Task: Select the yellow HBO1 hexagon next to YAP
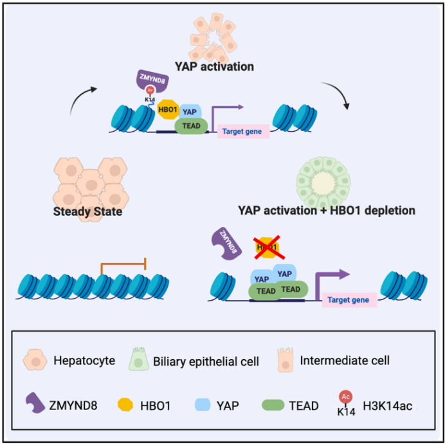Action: point(168,109)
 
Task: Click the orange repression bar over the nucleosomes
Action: point(123,264)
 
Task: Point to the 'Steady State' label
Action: point(87,211)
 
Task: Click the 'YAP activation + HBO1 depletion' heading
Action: point(327,210)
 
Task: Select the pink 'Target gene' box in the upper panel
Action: point(243,131)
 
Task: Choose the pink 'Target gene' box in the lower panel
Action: point(349,300)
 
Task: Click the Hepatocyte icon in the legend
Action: point(35,360)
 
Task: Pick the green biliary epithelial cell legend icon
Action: point(138,359)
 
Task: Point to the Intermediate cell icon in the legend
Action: point(286,360)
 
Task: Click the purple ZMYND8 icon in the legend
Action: point(35,403)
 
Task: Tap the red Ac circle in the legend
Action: point(345,396)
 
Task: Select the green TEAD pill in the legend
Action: point(273,405)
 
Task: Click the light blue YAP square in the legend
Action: point(203,405)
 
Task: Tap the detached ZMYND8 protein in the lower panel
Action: point(226,244)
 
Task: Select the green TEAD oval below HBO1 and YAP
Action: point(191,126)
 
